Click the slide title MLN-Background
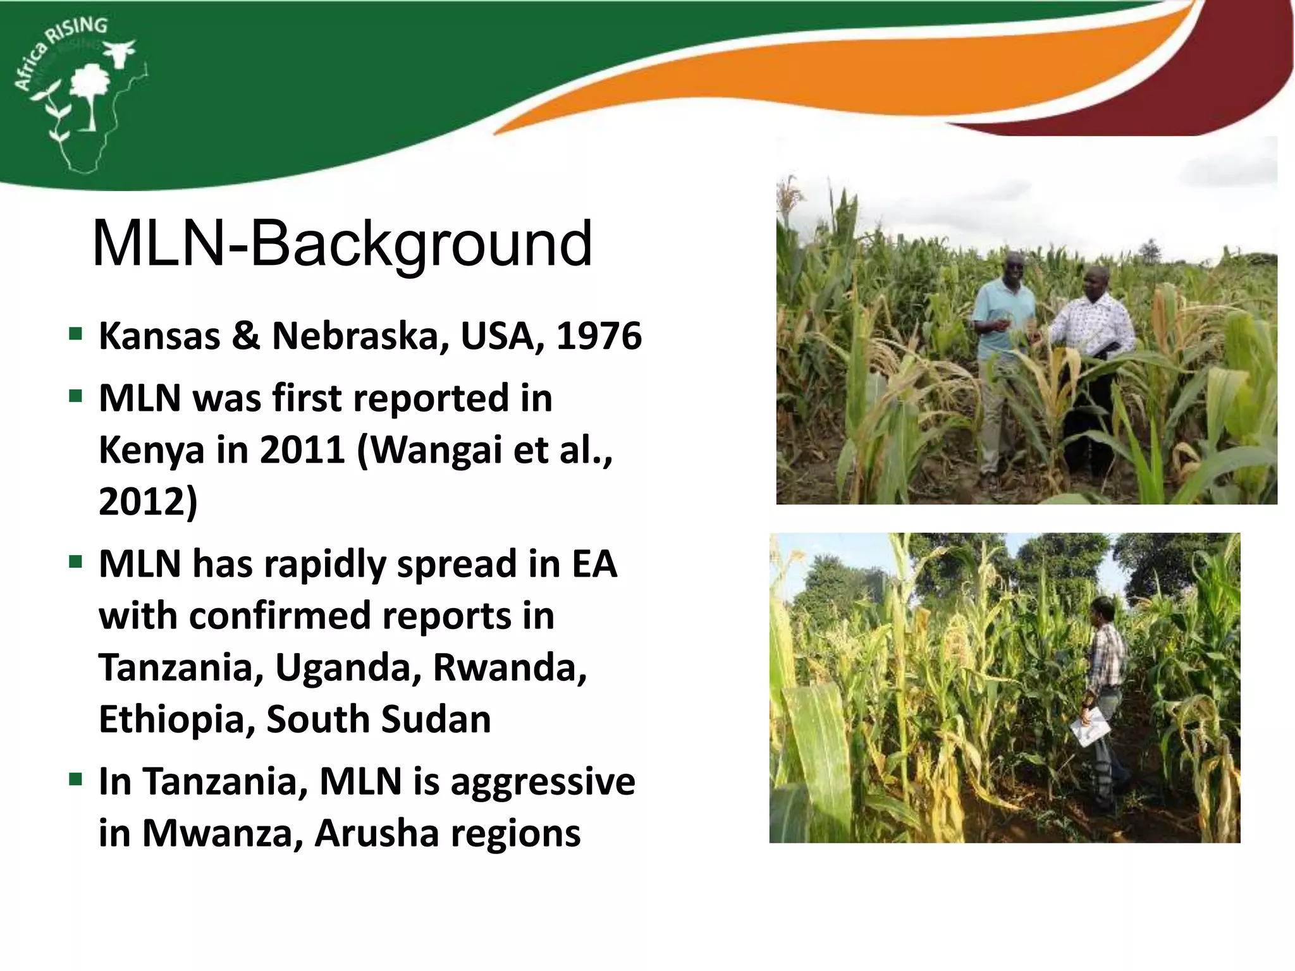click(x=342, y=244)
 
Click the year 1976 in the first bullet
click(x=599, y=336)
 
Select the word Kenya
click(x=151, y=450)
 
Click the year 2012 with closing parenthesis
click(x=148, y=502)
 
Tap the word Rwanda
click(x=510, y=668)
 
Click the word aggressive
click(x=543, y=783)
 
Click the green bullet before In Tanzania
click(x=76, y=779)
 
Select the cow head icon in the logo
click(x=119, y=52)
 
